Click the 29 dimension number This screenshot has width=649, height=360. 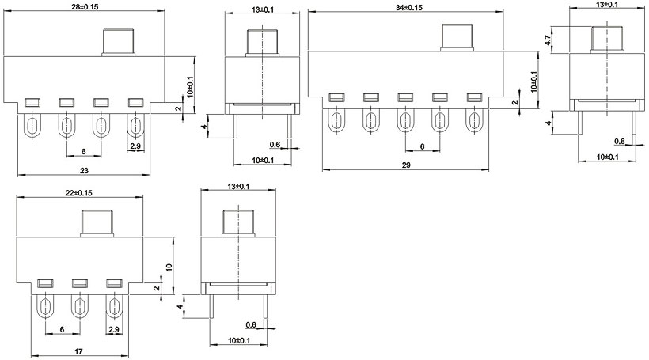point(407,165)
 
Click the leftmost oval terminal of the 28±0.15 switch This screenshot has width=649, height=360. point(32,126)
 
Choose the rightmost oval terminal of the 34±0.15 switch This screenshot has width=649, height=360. point(474,121)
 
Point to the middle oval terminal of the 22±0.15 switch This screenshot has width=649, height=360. point(79,306)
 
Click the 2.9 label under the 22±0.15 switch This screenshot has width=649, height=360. point(114,328)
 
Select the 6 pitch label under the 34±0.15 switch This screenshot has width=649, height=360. point(423,146)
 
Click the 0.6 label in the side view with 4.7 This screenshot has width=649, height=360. point(620,141)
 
